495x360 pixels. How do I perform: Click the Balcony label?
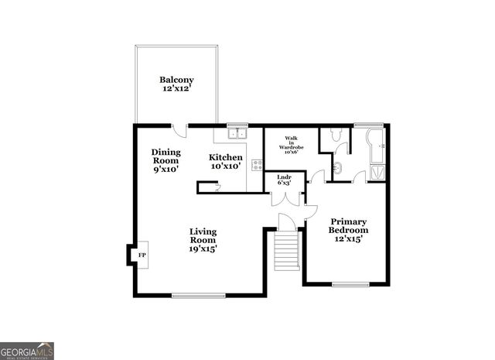coord(176,84)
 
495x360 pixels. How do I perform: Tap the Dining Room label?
coord(166,160)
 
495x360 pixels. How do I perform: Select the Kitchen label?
coord(226,161)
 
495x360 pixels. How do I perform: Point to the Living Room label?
coord(203,240)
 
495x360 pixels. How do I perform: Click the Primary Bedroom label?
coord(348,230)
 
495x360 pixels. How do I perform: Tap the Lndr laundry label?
coord(284,180)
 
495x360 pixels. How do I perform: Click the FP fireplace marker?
coord(142,255)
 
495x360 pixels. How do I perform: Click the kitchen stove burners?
coord(257,164)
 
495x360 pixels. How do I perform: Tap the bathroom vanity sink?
coord(337,167)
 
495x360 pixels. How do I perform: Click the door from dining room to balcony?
coord(179,130)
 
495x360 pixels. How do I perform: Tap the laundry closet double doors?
coord(287,199)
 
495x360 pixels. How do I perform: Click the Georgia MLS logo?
coord(27,351)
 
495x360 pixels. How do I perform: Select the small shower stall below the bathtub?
coord(377,172)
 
